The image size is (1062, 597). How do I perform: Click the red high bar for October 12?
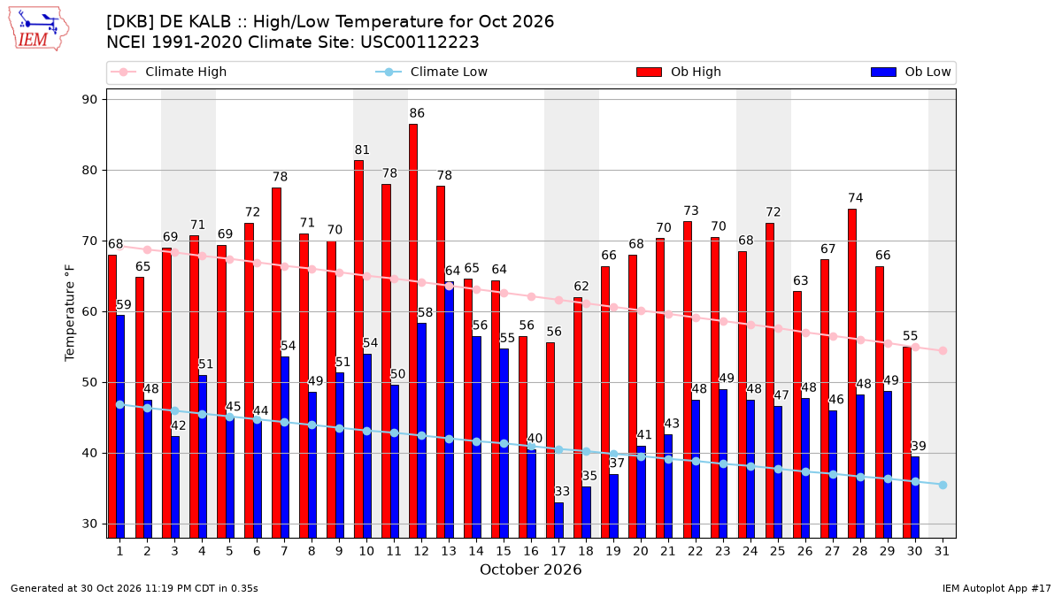point(413,331)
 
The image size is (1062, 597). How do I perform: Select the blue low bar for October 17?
point(559,520)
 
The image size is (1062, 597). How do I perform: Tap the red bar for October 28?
point(852,373)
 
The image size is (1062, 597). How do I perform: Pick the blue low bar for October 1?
point(120,426)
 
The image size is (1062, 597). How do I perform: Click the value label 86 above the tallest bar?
point(417,113)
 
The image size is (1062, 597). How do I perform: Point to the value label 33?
point(562,492)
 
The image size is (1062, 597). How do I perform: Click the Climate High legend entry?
point(168,72)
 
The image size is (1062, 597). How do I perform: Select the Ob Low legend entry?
point(911,72)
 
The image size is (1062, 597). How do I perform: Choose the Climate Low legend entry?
point(432,72)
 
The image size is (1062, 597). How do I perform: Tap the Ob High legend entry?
point(679,72)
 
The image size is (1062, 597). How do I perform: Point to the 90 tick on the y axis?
point(89,99)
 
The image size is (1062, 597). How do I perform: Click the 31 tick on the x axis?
point(942,551)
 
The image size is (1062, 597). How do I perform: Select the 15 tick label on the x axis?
point(504,551)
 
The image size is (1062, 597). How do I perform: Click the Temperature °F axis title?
point(69,313)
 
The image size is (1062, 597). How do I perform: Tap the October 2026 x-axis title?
point(530,570)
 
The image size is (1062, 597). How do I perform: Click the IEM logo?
point(38,29)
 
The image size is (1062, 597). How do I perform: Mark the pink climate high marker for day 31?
point(943,350)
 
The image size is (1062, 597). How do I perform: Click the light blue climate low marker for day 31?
point(943,486)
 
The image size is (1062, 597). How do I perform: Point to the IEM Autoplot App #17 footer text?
point(997,588)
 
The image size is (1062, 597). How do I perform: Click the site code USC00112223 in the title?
point(419,42)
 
